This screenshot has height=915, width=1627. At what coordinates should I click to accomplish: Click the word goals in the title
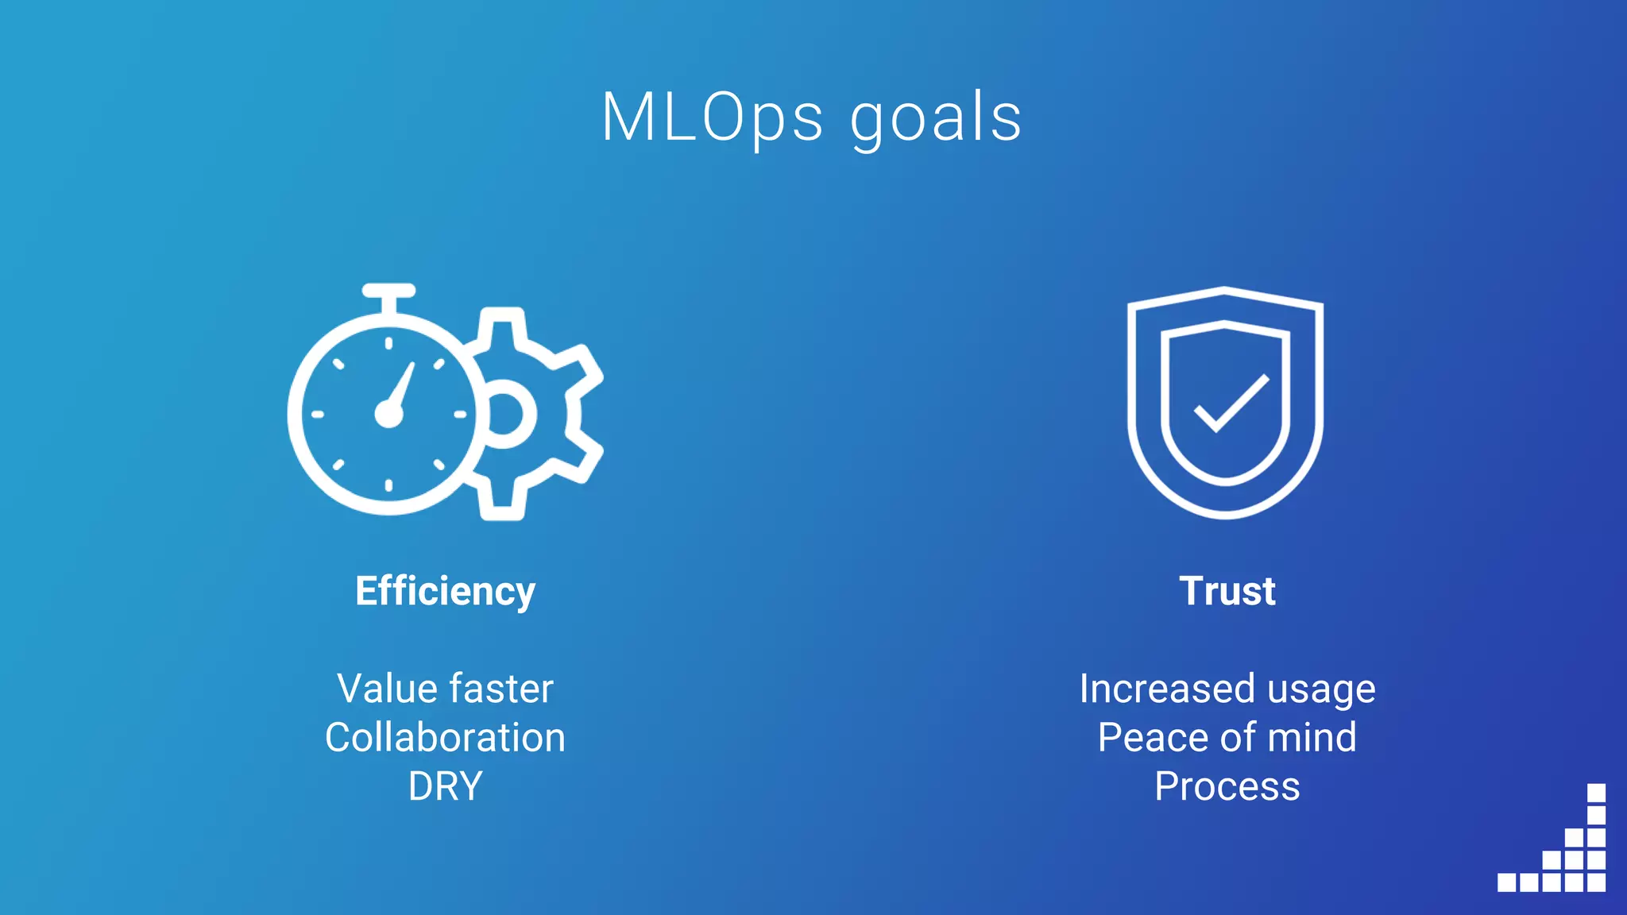(x=936, y=120)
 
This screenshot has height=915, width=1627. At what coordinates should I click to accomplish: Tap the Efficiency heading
(x=445, y=592)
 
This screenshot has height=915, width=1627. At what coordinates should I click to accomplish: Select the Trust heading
(x=1227, y=592)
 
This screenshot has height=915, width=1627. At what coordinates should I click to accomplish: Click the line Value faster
(x=445, y=689)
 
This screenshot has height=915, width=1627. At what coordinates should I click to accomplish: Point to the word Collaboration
(x=445, y=738)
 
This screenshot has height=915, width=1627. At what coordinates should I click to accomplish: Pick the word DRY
(x=445, y=787)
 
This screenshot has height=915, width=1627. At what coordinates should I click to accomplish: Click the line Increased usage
(x=1227, y=689)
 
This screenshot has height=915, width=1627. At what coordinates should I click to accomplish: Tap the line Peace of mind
(x=1227, y=738)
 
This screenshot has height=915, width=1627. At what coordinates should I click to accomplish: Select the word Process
(x=1227, y=787)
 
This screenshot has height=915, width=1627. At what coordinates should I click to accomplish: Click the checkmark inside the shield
(x=1231, y=403)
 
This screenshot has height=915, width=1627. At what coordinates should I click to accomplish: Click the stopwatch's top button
(x=388, y=291)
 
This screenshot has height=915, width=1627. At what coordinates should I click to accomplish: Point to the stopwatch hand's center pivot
(x=388, y=414)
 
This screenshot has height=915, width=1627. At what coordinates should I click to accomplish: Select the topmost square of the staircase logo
(x=1596, y=793)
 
